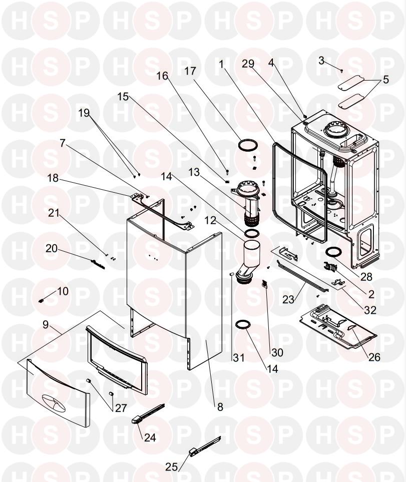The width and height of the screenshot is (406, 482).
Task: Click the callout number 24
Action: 150,437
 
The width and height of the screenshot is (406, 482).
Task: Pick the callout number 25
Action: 172,467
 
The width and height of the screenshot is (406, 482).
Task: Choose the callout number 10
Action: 63,291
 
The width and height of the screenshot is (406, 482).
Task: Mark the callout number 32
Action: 370,310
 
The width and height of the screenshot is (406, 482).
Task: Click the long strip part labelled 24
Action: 148,410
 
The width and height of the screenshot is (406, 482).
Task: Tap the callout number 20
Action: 53,248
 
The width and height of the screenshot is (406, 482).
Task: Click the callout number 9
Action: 46,325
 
